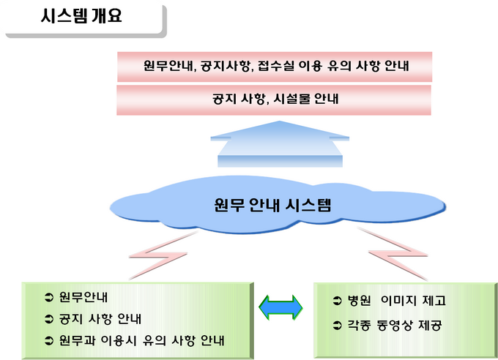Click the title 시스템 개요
[81, 16]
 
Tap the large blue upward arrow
[280, 144]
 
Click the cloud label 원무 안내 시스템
[272, 205]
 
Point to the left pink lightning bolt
[162, 255]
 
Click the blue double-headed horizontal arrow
[280, 307]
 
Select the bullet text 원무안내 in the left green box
[83, 297]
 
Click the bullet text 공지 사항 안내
[100, 319]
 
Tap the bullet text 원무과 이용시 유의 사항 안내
[141, 340]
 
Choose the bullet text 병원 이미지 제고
[397, 300]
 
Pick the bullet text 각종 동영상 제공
[395, 325]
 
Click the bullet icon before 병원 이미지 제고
[337, 301]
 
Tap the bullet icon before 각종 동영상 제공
[337, 325]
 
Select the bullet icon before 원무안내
[49, 298]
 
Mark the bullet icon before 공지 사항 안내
[49, 319]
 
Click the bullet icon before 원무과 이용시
[49, 341]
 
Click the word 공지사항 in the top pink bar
[225, 66]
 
